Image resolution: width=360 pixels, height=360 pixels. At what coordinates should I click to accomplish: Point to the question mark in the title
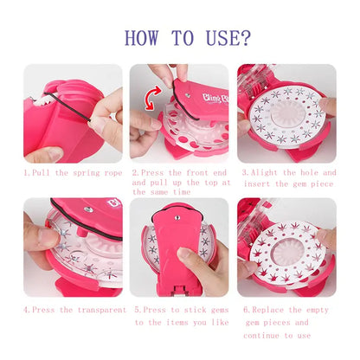pos(246,37)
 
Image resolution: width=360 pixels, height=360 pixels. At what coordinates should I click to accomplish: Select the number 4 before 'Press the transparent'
pos(26,308)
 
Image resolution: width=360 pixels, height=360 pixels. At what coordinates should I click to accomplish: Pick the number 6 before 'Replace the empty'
pos(245,308)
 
